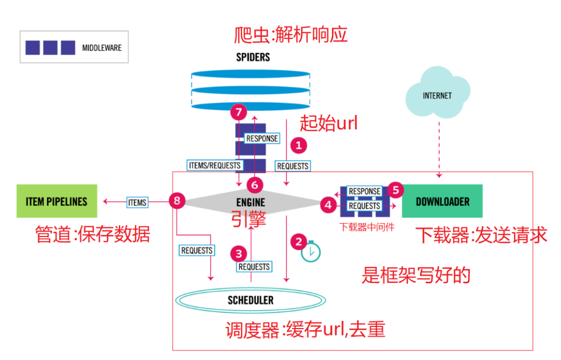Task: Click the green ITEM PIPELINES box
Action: [x=57, y=201]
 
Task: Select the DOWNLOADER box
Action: [x=442, y=201]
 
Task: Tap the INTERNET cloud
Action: [x=437, y=93]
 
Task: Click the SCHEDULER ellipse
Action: [x=250, y=300]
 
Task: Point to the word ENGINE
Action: [x=251, y=202]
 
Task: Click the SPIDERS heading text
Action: [x=253, y=57]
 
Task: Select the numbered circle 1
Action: [x=299, y=145]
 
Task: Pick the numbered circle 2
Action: [x=299, y=242]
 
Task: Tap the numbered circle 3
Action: [x=239, y=254]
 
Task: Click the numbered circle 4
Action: [x=328, y=205]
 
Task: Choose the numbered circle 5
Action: [x=395, y=190]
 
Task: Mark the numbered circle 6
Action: [x=255, y=185]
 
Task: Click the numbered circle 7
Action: [x=239, y=112]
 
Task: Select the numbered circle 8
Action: [x=177, y=201]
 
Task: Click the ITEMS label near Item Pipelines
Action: [x=137, y=203]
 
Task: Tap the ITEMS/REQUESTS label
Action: [x=215, y=166]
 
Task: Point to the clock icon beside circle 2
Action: [x=311, y=251]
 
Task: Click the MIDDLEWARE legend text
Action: [x=102, y=48]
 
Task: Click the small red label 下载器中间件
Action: [x=367, y=227]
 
